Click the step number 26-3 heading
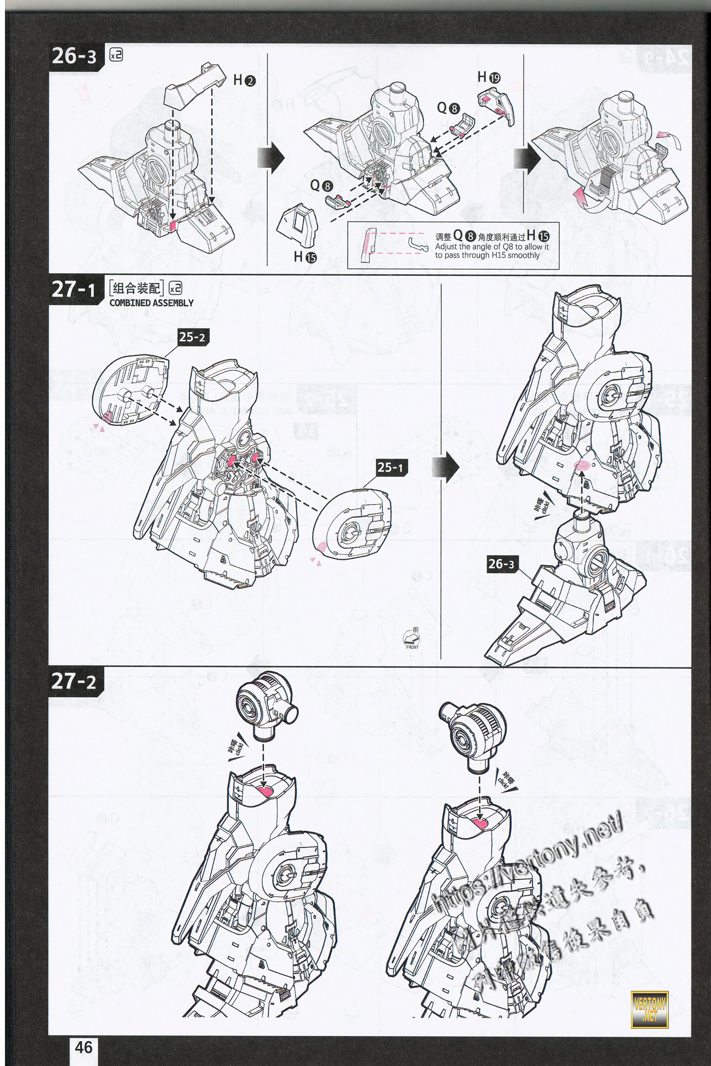tap(74, 57)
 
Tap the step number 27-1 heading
tap(73, 289)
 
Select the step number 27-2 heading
tap(73, 681)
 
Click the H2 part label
tap(244, 80)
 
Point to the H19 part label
tap(489, 77)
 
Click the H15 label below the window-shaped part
tap(305, 257)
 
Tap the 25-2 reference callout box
tap(192, 337)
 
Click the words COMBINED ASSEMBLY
tap(152, 303)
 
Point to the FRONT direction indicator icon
tap(412, 639)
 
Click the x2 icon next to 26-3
tap(116, 55)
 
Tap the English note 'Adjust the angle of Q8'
tap(491, 251)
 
